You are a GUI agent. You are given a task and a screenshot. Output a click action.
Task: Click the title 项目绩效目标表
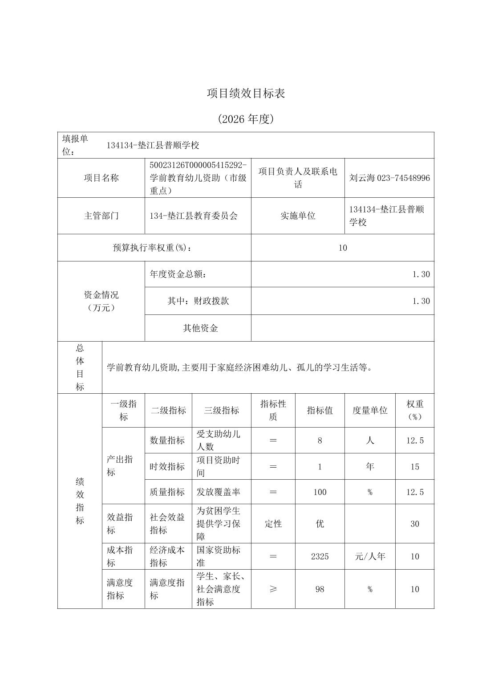[246, 93]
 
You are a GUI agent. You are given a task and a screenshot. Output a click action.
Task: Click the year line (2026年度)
[246, 119]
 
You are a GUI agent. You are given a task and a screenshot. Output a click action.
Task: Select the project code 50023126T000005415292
[198, 165]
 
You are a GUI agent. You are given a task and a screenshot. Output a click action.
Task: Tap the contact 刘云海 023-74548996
[389, 178]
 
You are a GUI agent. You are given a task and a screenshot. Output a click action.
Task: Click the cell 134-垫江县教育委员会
[194, 216]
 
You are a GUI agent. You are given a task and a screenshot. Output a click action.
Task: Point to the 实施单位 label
[298, 216]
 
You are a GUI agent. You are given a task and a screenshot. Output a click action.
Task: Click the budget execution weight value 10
[342, 248]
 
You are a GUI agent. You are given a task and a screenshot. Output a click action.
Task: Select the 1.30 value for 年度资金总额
[421, 274]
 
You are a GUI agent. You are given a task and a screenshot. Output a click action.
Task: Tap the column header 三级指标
[221, 411]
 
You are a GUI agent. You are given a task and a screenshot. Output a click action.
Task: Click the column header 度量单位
[370, 411]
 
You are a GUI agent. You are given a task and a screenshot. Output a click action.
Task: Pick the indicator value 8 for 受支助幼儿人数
[320, 440]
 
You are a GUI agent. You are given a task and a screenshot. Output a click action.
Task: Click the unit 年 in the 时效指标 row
[370, 466]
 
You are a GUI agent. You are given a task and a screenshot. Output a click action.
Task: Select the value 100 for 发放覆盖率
[320, 492]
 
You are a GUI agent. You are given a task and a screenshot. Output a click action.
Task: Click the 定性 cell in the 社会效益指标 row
[273, 524]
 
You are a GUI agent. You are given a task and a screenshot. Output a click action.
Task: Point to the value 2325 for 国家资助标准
[320, 556]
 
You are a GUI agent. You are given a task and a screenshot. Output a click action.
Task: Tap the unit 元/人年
[370, 556]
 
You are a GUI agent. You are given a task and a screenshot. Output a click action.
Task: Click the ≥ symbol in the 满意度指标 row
[273, 589]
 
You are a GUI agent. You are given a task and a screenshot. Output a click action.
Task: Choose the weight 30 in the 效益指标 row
[414, 524]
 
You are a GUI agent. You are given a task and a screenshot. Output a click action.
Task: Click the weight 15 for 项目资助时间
[414, 467]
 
